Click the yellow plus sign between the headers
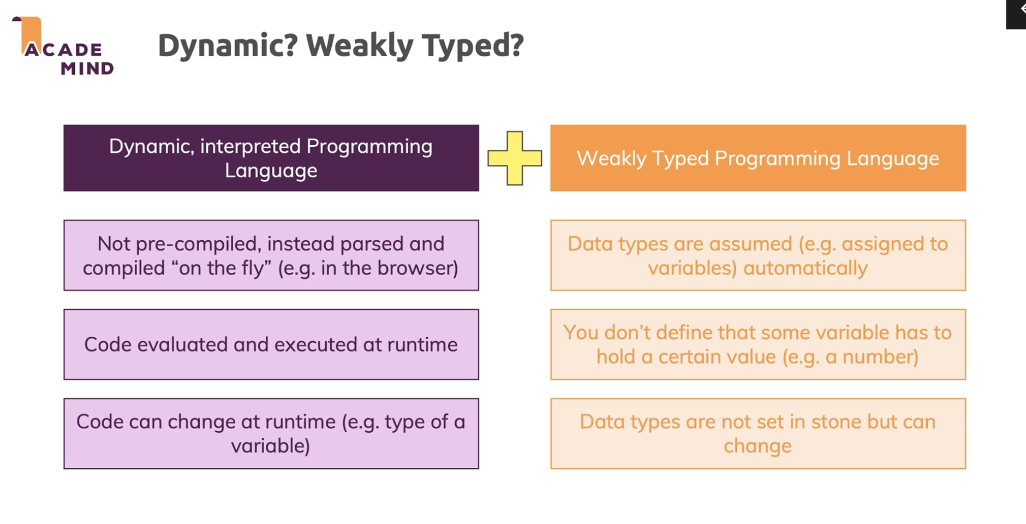[x=515, y=158]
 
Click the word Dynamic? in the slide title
[x=228, y=45]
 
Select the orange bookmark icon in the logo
[x=29, y=34]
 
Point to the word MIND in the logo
[x=87, y=68]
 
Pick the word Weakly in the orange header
[x=612, y=158]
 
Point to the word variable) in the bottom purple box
[x=271, y=446]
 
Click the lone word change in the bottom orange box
[x=757, y=446]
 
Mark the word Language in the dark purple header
[x=271, y=171]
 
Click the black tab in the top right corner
[x=1016, y=14]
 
